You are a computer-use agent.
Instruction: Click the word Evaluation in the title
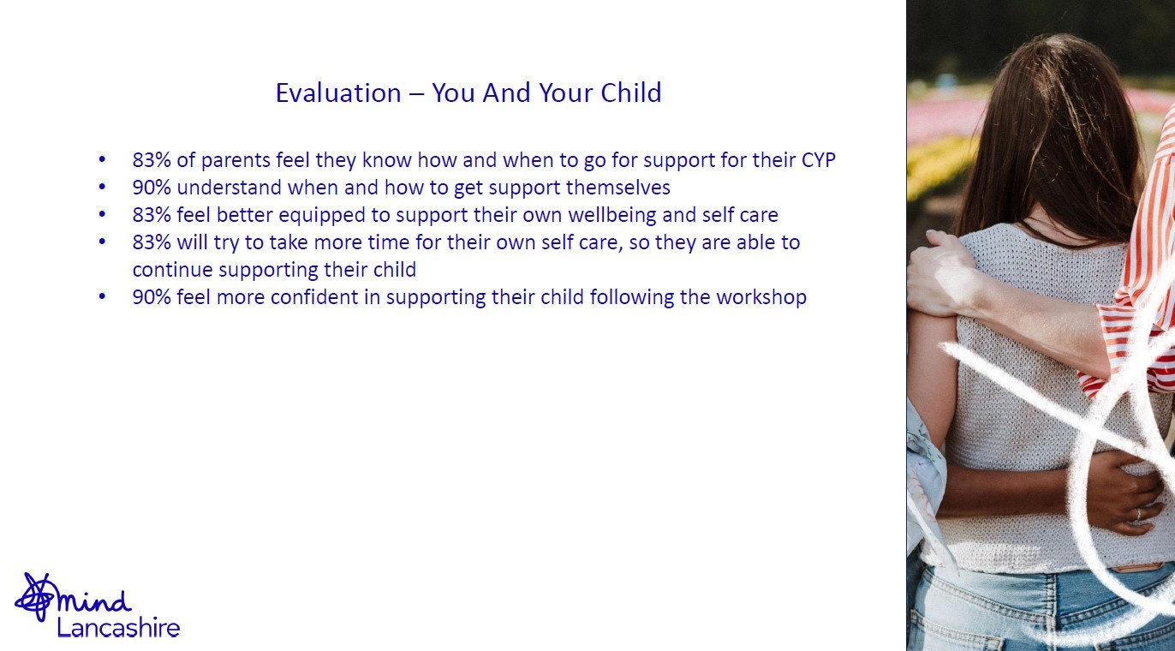point(338,93)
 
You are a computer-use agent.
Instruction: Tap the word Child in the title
point(631,93)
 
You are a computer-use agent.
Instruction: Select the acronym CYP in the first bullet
point(819,160)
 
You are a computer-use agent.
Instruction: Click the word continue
point(173,270)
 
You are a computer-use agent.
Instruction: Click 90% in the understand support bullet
point(152,188)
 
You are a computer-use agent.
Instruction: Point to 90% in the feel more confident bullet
point(152,297)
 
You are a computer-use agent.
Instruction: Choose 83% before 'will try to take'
point(152,242)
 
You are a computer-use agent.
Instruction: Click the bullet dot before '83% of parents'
point(102,159)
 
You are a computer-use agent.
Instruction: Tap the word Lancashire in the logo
point(118,628)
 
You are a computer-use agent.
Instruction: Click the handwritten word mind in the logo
point(93,601)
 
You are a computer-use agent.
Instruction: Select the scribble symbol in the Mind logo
point(34,597)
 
